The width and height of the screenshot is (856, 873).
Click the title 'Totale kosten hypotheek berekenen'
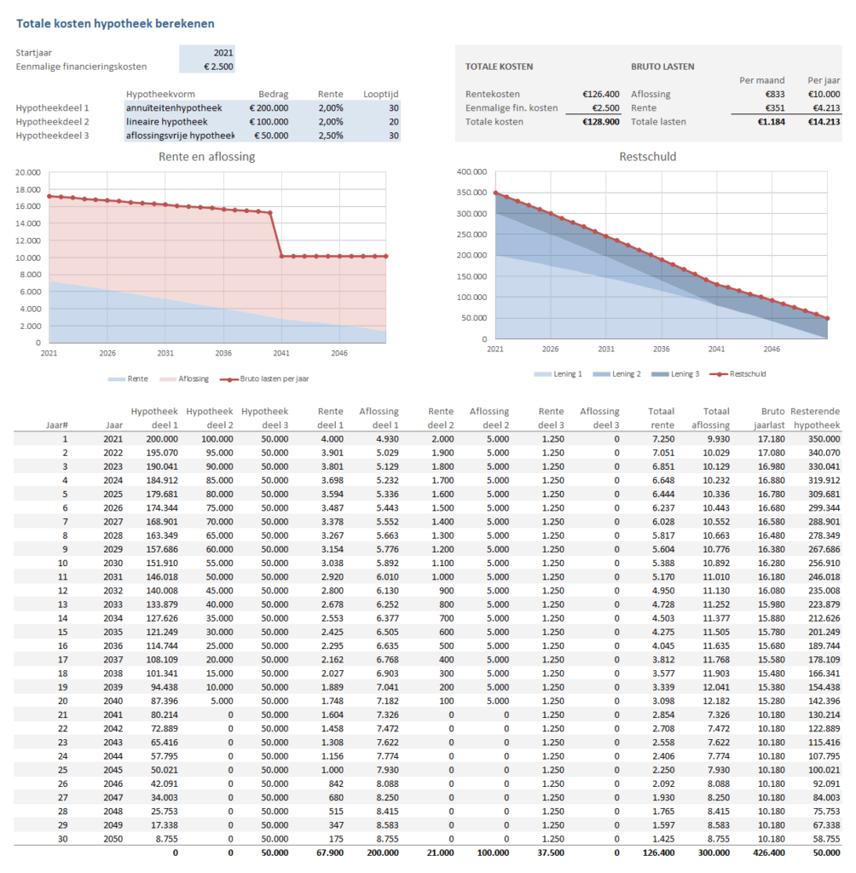pyautogui.click(x=116, y=23)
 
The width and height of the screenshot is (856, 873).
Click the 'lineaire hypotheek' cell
pyautogui.click(x=161, y=121)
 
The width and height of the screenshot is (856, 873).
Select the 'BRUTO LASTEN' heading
pyautogui.click(x=662, y=66)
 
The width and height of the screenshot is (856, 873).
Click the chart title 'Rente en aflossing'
pyautogui.click(x=206, y=156)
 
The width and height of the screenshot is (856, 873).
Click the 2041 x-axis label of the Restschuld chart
pyautogui.click(x=716, y=349)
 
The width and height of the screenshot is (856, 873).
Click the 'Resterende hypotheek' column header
pyautogui.click(x=816, y=418)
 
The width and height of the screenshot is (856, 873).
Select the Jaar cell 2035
pyautogui.click(x=113, y=632)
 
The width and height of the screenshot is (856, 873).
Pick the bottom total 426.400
pyautogui.click(x=770, y=852)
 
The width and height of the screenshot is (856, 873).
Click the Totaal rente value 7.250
pyautogui.click(x=662, y=438)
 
